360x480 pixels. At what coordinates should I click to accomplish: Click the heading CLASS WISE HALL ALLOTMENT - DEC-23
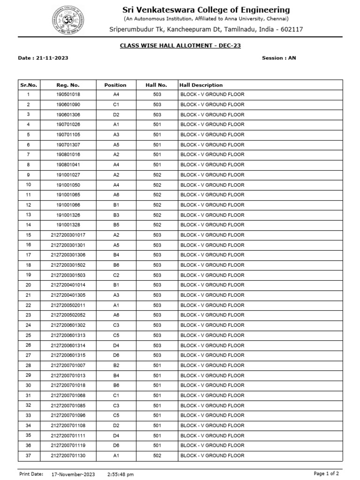(x=180, y=46)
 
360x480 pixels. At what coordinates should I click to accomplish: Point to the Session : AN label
(x=279, y=58)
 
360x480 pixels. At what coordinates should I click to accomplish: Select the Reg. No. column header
(x=68, y=85)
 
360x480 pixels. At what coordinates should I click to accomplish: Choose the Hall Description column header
(x=201, y=85)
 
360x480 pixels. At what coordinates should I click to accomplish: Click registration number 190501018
(x=68, y=95)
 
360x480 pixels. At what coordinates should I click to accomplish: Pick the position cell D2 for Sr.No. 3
(x=116, y=115)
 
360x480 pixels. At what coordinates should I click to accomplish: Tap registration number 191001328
(x=68, y=225)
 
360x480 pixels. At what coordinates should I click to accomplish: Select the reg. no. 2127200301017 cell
(x=68, y=235)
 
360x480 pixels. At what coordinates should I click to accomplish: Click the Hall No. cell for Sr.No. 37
(x=157, y=456)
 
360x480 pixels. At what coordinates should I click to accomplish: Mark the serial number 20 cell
(x=28, y=285)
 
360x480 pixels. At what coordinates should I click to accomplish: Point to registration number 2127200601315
(x=68, y=355)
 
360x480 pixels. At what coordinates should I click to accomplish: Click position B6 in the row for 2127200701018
(x=116, y=385)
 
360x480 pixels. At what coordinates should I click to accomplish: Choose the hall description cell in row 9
(x=212, y=175)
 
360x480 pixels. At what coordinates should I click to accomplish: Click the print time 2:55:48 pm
(x=120, y=474)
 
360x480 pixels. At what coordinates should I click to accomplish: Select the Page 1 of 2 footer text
(x=327, y=474)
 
